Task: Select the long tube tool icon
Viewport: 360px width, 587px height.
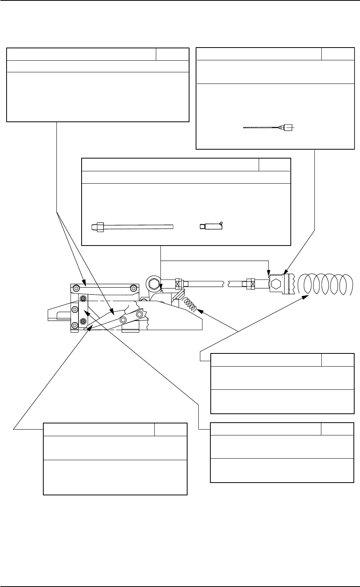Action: click(x=131, y=226)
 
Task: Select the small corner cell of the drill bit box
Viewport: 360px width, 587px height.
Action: click(x=338, y=54)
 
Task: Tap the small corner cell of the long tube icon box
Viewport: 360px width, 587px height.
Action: click(x=274, y=164)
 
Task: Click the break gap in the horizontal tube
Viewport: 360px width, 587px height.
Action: click(x=226, y=283)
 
